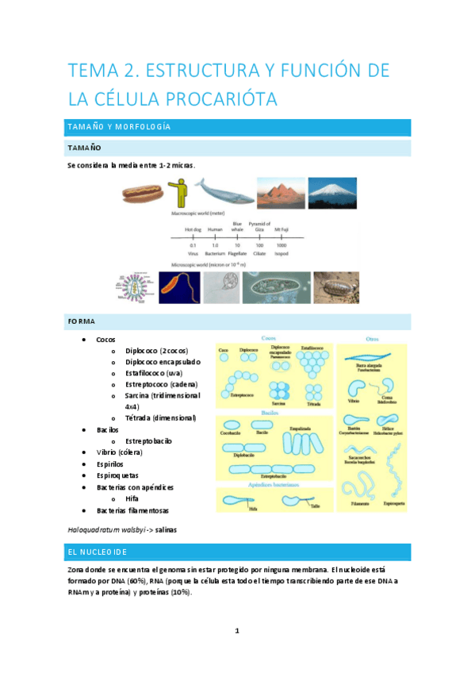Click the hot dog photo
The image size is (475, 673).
pos(143,191)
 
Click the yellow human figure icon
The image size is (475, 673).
pos(181,191)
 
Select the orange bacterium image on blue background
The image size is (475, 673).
pos(180,288)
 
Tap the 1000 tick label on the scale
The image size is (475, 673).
pos(282,245)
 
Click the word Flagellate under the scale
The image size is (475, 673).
pos(237,254)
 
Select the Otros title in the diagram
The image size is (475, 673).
pos(371,337)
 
